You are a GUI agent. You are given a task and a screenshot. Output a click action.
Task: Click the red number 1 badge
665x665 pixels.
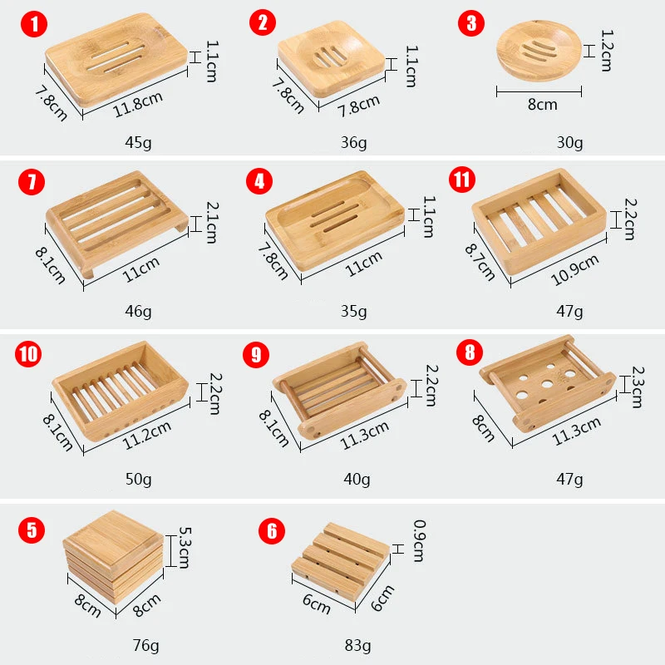[x=34, y=23]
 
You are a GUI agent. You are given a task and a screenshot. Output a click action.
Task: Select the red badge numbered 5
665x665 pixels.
[x=31, y=530]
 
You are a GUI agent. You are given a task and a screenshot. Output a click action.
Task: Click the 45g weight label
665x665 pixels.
[x=138, y=142]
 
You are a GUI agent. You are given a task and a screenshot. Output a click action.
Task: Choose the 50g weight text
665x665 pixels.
[x=138, y=479]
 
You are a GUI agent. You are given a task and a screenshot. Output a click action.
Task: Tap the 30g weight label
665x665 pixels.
[x=569, y=142]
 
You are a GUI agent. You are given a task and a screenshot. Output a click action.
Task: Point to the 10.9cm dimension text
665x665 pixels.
[x=574, y=268]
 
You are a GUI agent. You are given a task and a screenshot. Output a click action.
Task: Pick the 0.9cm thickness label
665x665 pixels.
[x=418, y=540]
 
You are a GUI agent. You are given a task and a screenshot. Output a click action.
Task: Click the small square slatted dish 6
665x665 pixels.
[x=341, y=562]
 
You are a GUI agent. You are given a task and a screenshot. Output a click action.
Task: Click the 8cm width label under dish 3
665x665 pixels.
[x=542, y=105]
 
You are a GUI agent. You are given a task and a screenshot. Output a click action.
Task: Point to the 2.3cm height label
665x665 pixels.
[x=637, y=387]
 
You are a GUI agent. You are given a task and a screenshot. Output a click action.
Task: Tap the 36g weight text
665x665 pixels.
[x=353, y=142]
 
